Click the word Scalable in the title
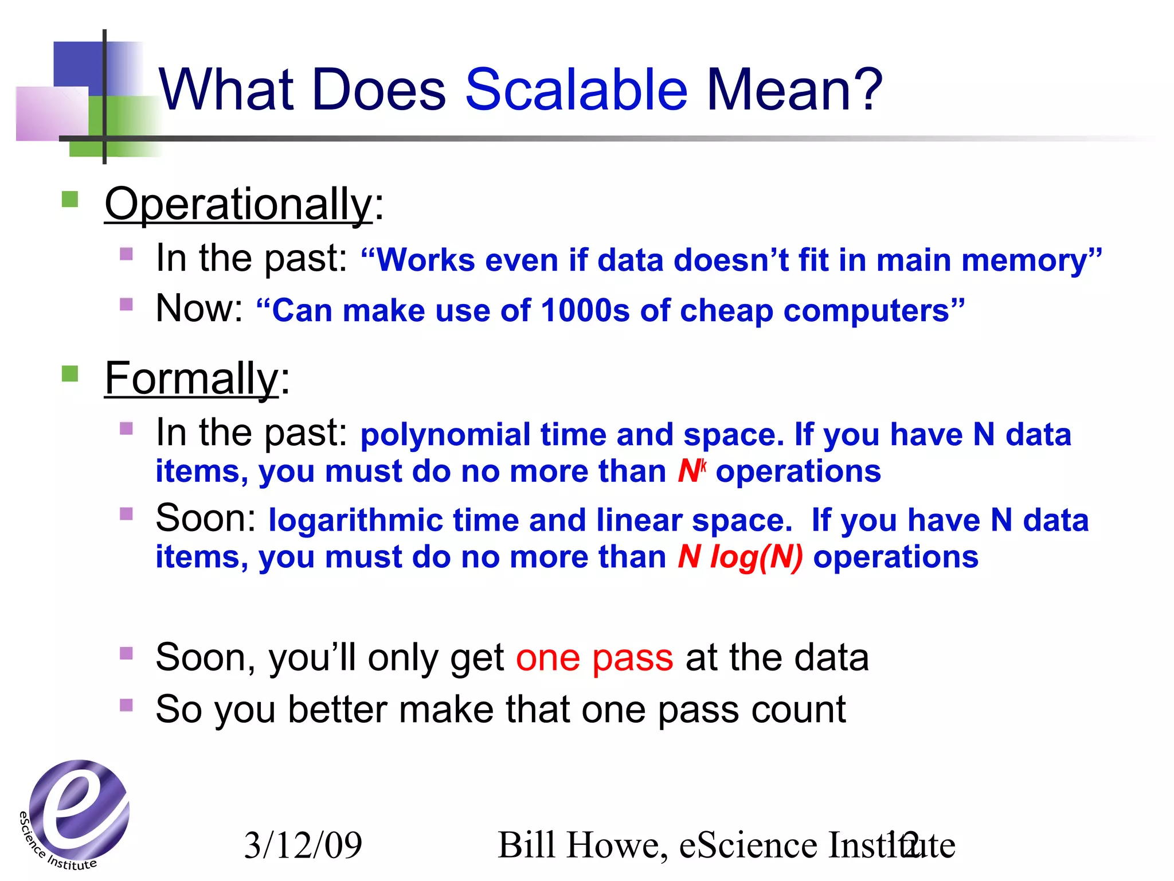(x=576, y=90)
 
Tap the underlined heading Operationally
(x=238, y=204)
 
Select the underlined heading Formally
(x=191, y=379)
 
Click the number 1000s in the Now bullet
(x=585, y=311)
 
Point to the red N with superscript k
(x=691, y=471)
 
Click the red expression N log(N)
(x=740, y=557)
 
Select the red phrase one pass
(x=594, y=657)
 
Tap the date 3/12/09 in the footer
(x=303, y=845)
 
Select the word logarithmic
(x=355, y=521)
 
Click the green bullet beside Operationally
(x=70, y=200)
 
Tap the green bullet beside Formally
(x=70, y=374)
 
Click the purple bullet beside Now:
(x=127, y=304)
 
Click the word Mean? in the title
(x=795, y=90)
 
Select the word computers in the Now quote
(x=866, y=311)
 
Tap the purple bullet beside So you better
(x=127, y=705)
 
